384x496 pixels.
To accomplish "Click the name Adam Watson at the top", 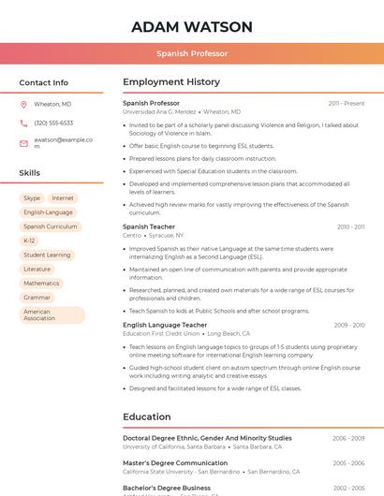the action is click(191, 26).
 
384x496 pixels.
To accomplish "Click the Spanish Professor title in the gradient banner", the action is click(191, 54).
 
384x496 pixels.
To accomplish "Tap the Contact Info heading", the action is click(43, 82).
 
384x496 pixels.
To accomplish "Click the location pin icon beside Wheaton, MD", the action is click(23, 104).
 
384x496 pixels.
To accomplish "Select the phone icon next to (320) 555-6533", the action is click(23, 123).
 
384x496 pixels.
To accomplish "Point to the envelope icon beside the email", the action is click(23, 143).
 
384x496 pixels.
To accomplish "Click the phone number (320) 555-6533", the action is click(53, 123).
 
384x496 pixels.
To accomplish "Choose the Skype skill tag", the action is click(32, 198).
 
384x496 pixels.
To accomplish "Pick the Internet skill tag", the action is click(63, 198).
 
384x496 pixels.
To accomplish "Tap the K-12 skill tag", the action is click(29, 241).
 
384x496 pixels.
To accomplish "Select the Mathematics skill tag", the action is click(41, 283).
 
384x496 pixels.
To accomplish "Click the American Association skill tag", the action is click(52, 315).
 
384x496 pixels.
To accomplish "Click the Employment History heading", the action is click(170, 82).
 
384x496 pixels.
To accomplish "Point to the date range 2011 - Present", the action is click(347, 103).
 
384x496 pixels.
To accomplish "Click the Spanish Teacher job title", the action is click(149, 226).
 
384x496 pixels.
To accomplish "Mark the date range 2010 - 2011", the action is click(350, 226).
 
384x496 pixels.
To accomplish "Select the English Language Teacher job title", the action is click(165, 325).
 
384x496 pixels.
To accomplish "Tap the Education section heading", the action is click(147, 417).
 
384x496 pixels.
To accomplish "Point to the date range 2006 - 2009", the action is click(348, 438).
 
